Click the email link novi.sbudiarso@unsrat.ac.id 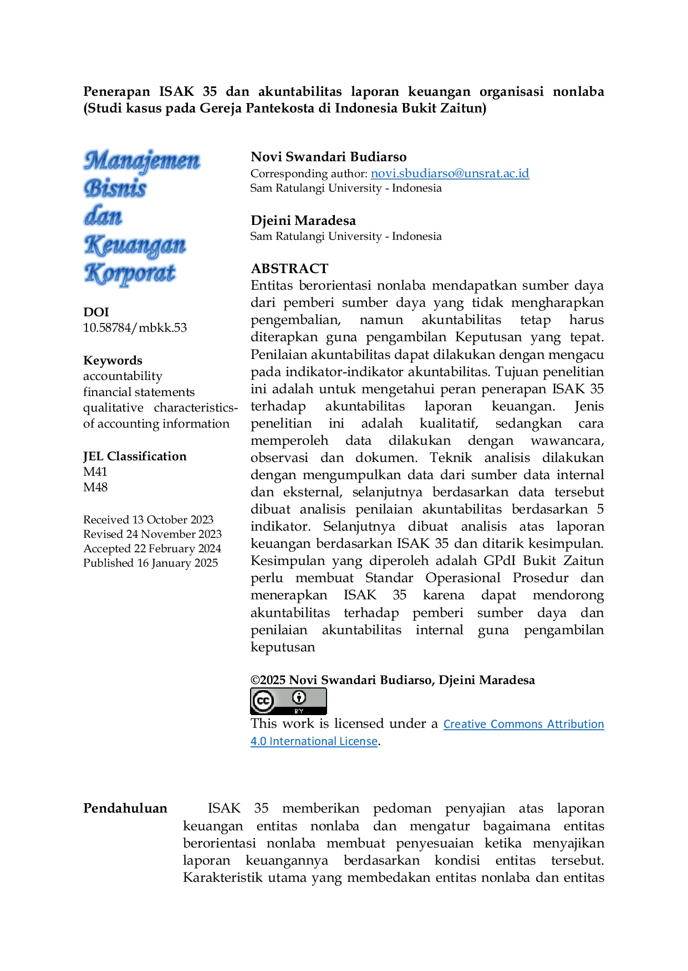click(x=450, y=173)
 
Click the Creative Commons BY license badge click(x=288, y=701)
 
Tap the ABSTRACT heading click(x=289, y=269)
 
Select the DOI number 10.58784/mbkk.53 click(x=135, y=328)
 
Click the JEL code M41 click(x=95, y=472)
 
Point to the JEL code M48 click(x=95, y=487)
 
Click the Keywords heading click(x=113, y=361)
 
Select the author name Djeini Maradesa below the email click(x=303, y=220)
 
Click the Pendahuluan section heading click(x=125, y=808)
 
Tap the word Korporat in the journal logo click(x=130, y=273)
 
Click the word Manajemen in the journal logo click(x=142, y=161)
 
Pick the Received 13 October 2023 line click(x=148, y=520)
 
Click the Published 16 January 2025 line click(x=150, y=563)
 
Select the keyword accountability click(x=123, y=376)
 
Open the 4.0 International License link click(x=314, y=741)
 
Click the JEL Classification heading click(x=135, y=456)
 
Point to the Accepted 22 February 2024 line click(x=152, y=548)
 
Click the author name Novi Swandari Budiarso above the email click(x=329, y=157)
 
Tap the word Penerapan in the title click(x=116, y=91)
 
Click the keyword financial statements click(x=139, y=392)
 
